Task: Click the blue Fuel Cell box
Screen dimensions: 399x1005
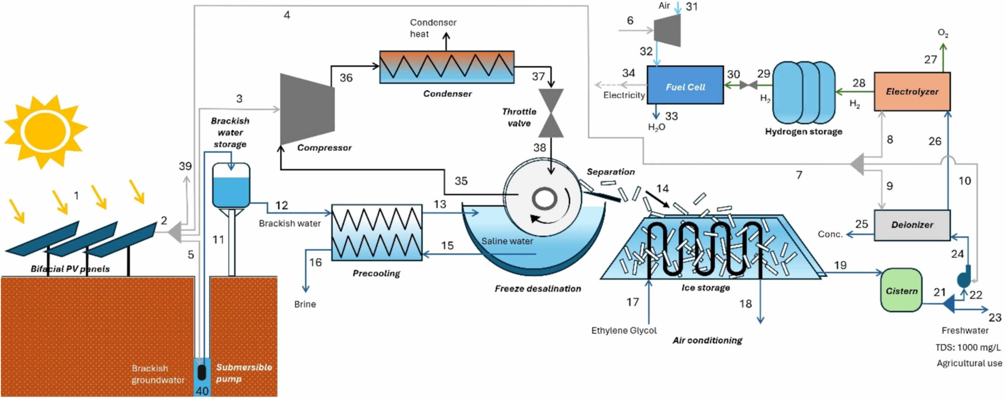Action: tap(685, 85)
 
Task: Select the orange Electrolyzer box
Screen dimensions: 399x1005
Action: tap(912, 91)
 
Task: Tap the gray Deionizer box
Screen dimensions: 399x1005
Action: tap(912, 225)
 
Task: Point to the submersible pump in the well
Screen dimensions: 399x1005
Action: tap(202, 373)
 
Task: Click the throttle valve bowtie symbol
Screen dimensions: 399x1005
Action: tap(551, 113)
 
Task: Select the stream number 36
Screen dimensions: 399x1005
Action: tap(346, 78)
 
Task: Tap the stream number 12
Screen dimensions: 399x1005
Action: tap(281, 205)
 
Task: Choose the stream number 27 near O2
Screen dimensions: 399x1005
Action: tap(930, 60)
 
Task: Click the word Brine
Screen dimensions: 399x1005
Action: tap(305, 304)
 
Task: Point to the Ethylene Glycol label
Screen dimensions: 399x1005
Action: tap(623, 330)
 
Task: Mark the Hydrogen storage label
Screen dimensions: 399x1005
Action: tap(803, 132)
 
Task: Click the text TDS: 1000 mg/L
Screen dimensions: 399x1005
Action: tap(968, 347)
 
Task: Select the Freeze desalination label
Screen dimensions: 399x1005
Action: tap(537, 289)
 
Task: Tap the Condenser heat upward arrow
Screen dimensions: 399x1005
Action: tap(446, 41)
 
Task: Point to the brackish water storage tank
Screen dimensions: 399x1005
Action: tap(231, 185)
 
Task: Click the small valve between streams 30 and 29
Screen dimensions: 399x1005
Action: tap(748, 85)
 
